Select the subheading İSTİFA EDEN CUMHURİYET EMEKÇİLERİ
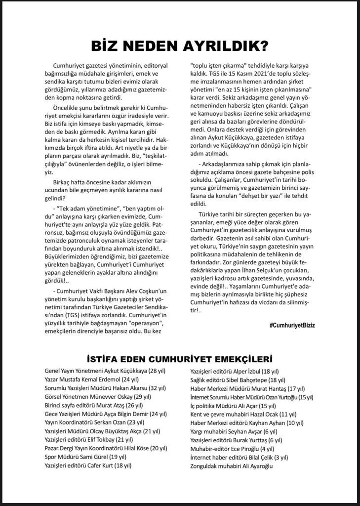click(x=180, y=358)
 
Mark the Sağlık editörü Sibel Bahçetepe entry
click(x=238, y=379)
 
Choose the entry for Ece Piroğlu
click(x=233, y=448)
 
